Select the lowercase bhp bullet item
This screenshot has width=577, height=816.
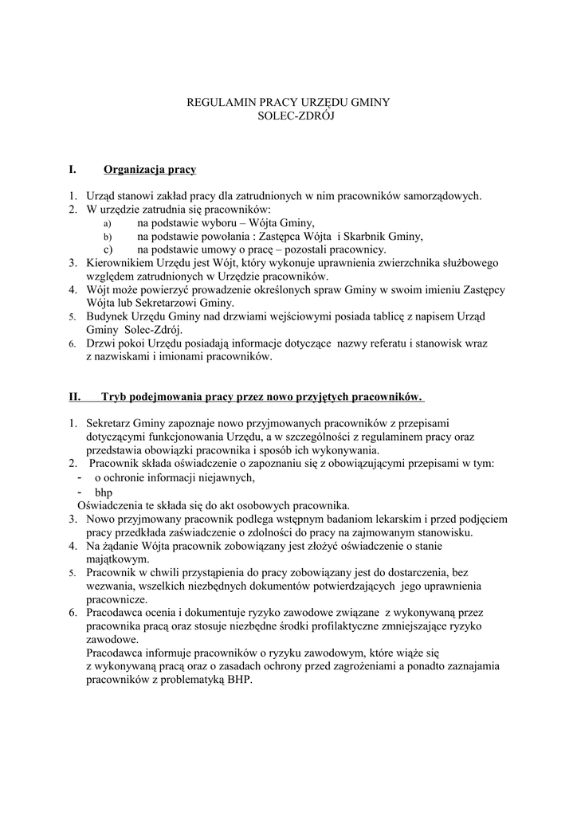[104, 492]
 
